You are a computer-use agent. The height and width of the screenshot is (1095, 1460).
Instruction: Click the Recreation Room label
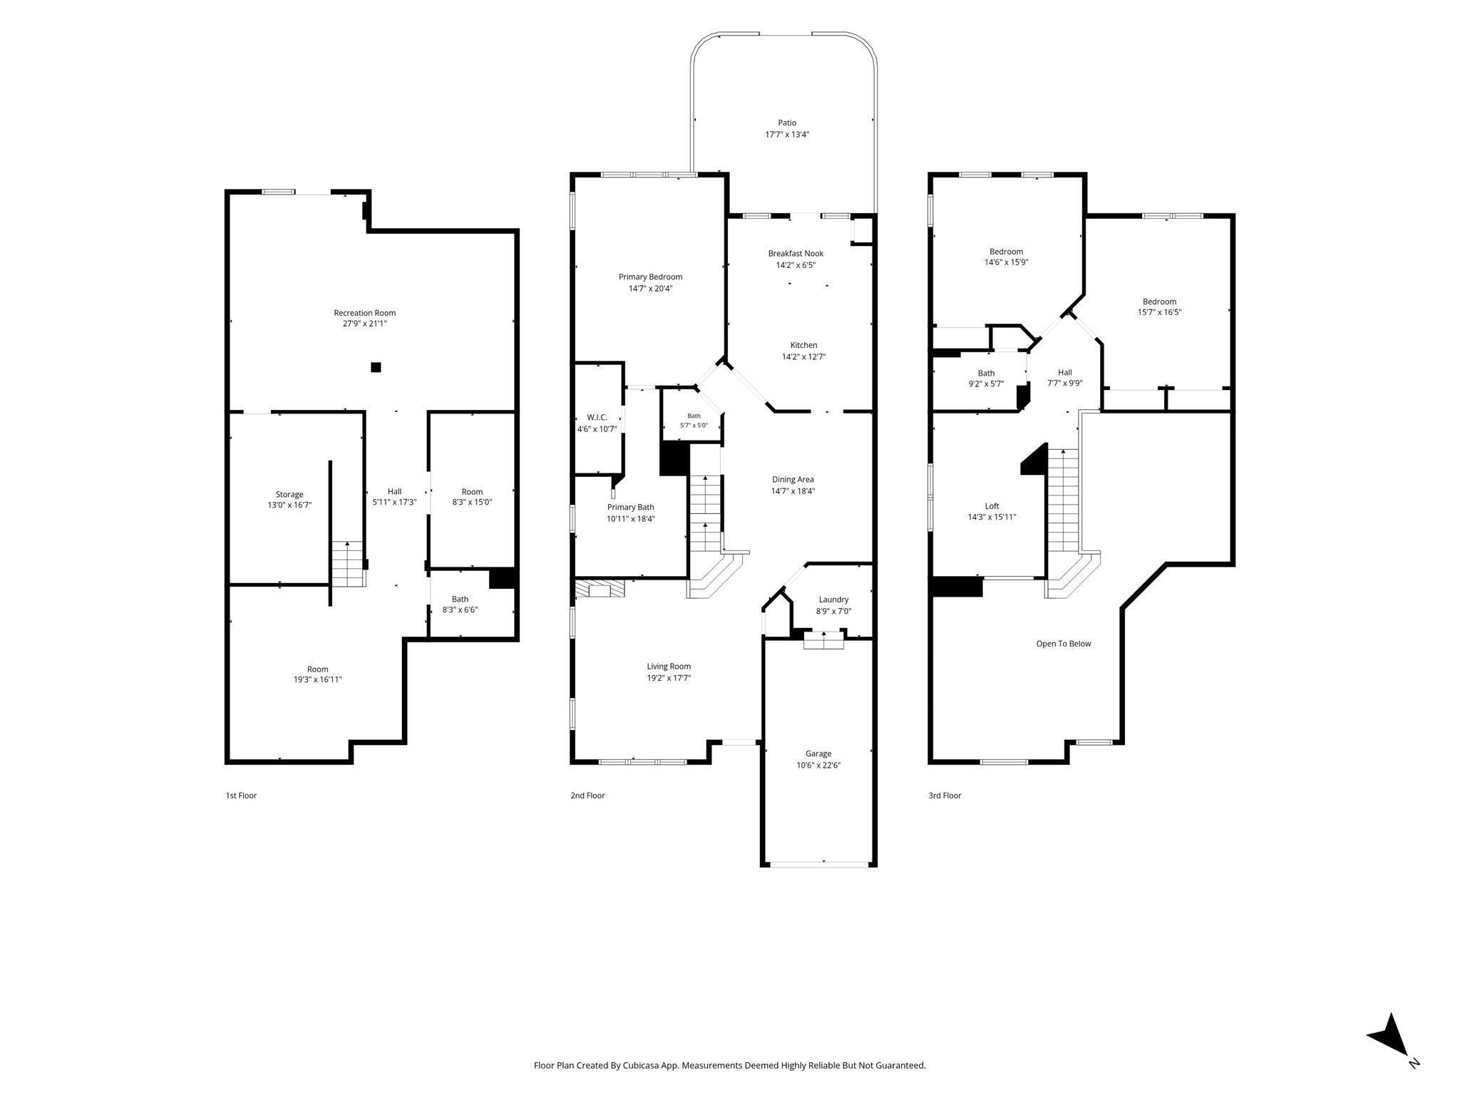pyautogui.click(x=364, y=313)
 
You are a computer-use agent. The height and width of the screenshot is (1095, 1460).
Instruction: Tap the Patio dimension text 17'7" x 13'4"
pyautogui.click(x=787, y=134)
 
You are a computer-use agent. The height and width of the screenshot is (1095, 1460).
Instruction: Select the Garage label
pyautogui.click(x=818, y=754)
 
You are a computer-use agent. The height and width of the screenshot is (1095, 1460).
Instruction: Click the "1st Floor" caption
pyautogui.click(x=241, y=796)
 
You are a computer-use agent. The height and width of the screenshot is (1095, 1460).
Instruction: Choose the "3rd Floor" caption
pyautogui.click(x=945, y=796)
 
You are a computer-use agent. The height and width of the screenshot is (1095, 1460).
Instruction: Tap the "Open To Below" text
pyautogui.click(x=1064, y=644)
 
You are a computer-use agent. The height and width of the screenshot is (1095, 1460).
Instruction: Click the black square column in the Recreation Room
pyautogui.click(x=376, y=367)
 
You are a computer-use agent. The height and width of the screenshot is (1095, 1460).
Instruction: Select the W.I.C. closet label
pyautogui.click(x=597, y=417)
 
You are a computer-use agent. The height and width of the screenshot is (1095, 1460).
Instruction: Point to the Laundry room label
pyautogui.click(x=833, y=600)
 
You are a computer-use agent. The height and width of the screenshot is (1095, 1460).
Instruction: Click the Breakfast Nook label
pyautogui.click(x=796, y=253)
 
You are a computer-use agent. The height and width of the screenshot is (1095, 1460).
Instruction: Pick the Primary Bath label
pyautogui.click(x=630, y=508)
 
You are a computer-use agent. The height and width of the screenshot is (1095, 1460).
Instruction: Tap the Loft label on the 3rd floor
pyautogui.click(x=992, y=506)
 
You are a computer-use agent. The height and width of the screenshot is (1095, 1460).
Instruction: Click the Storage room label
pyautogui.click(x=289, y=494)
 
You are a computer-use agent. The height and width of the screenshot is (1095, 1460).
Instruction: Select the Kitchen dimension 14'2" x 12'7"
pyautogui.click(x=803, y=356)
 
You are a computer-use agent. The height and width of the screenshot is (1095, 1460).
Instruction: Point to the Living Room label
pyautogui.click(x=669, y=667)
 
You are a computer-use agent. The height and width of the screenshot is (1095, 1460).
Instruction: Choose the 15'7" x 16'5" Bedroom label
pyautogui.click(x=1159, y=302)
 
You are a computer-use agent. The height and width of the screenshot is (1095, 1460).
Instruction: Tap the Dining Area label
pyautogui.click(x=793, y=479)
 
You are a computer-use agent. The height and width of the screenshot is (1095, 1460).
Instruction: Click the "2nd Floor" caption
pyautogui.click(x=587, y=796)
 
